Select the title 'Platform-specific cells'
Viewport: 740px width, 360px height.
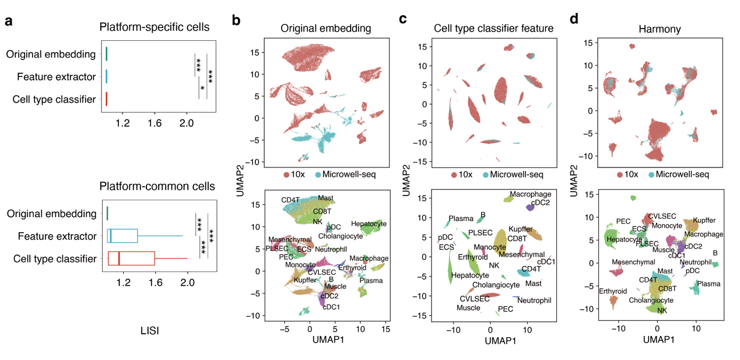click(155, 27)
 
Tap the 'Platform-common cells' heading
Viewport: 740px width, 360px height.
click(156, 187)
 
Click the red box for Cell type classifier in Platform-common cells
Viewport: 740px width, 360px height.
click(131, 258)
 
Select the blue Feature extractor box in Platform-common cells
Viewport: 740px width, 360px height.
click(123, 236)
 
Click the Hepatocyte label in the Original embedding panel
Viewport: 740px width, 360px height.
click(369, 224)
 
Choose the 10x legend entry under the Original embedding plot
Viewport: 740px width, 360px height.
click(295, 174)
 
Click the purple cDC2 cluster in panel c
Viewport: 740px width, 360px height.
click(529, 207)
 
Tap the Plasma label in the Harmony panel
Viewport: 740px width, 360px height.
click(709, 284)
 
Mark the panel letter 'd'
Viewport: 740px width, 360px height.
click(574, 19)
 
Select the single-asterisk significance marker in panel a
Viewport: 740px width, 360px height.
click(202, 89)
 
